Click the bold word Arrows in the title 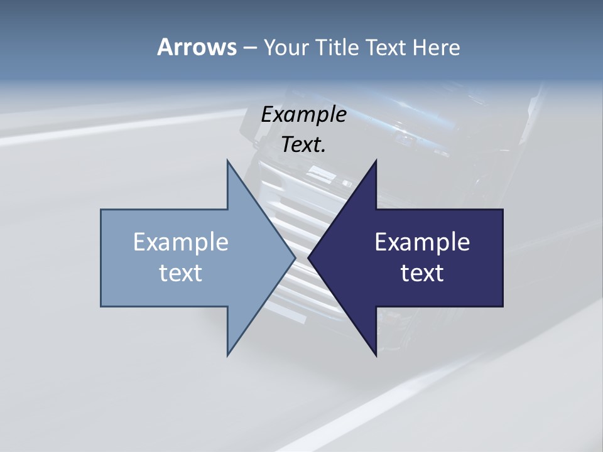click(197, 47)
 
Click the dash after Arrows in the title click(249, 48)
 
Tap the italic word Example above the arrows click(303, 115)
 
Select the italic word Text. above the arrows click(303, 145)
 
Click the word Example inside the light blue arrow click(181, 242)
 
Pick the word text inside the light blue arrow click(181, 273)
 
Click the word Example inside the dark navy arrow click(422, 242)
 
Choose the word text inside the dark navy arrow click(422, 273)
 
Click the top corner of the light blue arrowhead click(227, 161)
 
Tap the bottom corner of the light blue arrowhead click(227, 354)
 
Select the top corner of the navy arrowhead click(376, 161)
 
